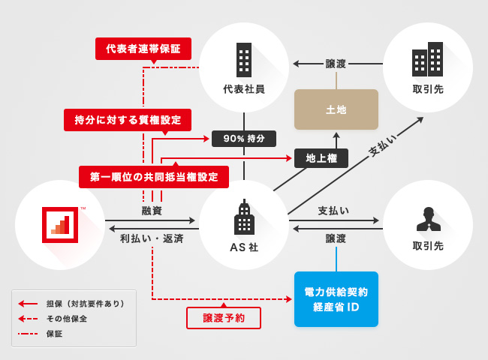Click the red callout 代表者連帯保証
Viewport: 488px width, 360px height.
tap(143, 49)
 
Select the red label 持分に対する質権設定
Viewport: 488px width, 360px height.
tap(128, 120)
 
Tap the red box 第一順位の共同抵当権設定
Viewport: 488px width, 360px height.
tap(154, 177)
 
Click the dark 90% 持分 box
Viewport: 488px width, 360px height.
tap(244, 139)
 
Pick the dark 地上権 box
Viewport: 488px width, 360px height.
tap(321, 158)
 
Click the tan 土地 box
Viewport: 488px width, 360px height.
tap(336, 109)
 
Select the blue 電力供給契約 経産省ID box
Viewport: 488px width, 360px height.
tap(336, 298)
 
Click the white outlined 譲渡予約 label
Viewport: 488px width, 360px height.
tap(224, 318)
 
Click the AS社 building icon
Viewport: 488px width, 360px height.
tap(244, 219)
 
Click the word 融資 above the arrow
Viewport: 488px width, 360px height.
tap(152, 211)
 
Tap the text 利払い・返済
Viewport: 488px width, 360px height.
tap(152, 238)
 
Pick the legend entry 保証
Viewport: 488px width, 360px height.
tap(54, 333)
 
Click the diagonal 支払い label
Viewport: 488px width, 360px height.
tap(383, 145)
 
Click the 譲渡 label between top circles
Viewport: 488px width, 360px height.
tap(336, 64)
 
